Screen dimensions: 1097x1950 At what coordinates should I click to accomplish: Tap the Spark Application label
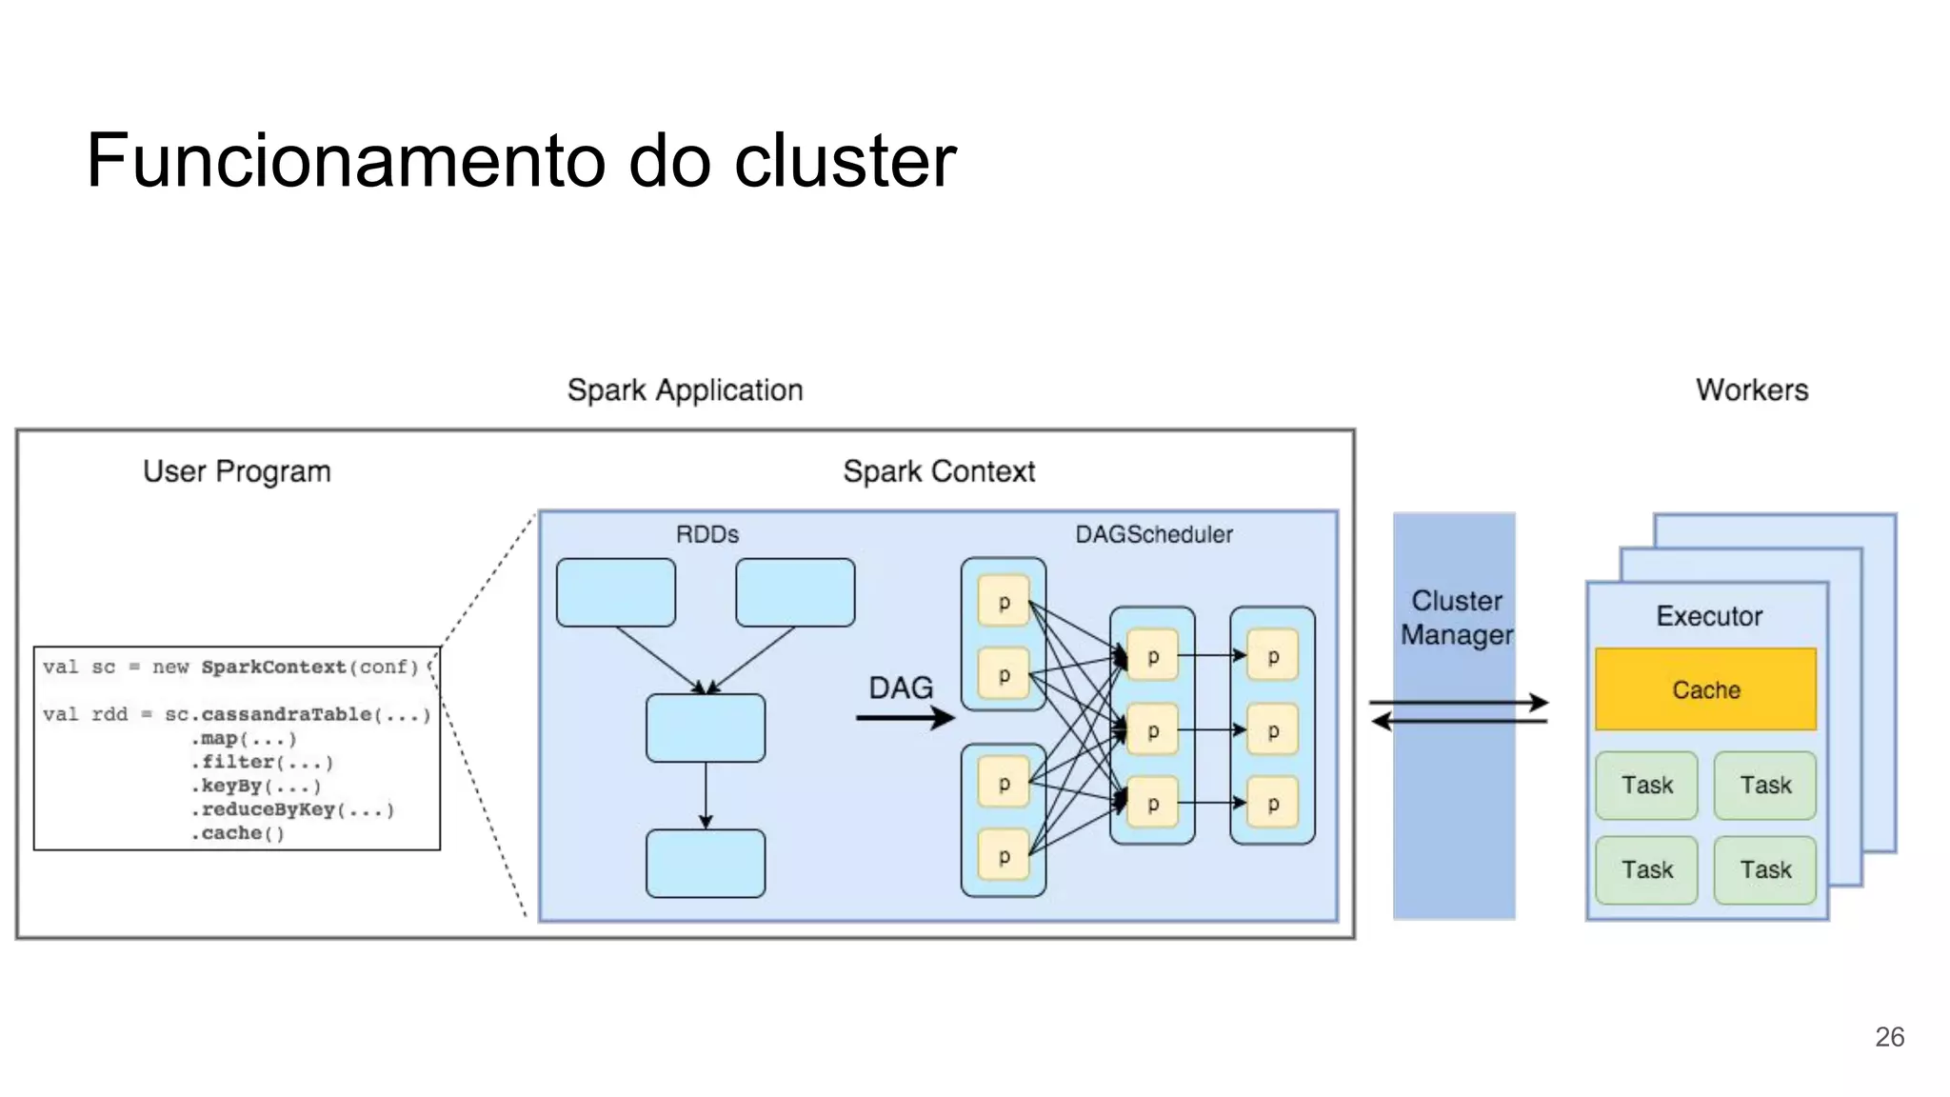coord(685,390)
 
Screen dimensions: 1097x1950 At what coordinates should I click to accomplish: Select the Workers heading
coord(1751,389)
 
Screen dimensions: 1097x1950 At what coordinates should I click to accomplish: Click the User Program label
coord(237,471)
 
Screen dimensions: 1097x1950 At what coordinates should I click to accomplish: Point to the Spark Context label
coord(938,471)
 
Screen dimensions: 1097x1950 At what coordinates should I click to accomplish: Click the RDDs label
coord(706,534)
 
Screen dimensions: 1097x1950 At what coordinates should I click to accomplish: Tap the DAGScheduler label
coord(1153,534)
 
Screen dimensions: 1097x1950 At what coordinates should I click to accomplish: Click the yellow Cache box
coord(1705,689)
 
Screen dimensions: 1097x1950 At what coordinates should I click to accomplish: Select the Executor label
coord(1709,616)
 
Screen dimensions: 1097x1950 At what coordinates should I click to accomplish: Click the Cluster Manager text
coord(1456,618)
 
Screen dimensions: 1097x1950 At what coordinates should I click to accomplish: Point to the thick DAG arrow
coord(904,718)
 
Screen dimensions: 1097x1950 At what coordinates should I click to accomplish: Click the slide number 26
coord(1889,1037)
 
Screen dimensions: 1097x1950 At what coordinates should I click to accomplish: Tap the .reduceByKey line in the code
coord(291,809)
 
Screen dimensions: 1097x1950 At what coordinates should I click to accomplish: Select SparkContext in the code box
coord(273,667)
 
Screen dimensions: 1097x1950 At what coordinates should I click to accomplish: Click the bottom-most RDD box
coord(706,864)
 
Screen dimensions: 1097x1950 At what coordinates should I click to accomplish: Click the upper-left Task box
coord(1646,786)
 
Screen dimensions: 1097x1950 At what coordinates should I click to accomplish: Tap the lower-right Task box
coord(1764,869)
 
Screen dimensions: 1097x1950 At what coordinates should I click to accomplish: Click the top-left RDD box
coord(616,592)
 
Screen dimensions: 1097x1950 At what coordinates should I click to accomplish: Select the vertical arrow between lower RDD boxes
coord(706,795)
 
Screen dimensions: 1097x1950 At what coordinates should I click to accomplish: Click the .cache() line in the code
coord(237,833)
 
